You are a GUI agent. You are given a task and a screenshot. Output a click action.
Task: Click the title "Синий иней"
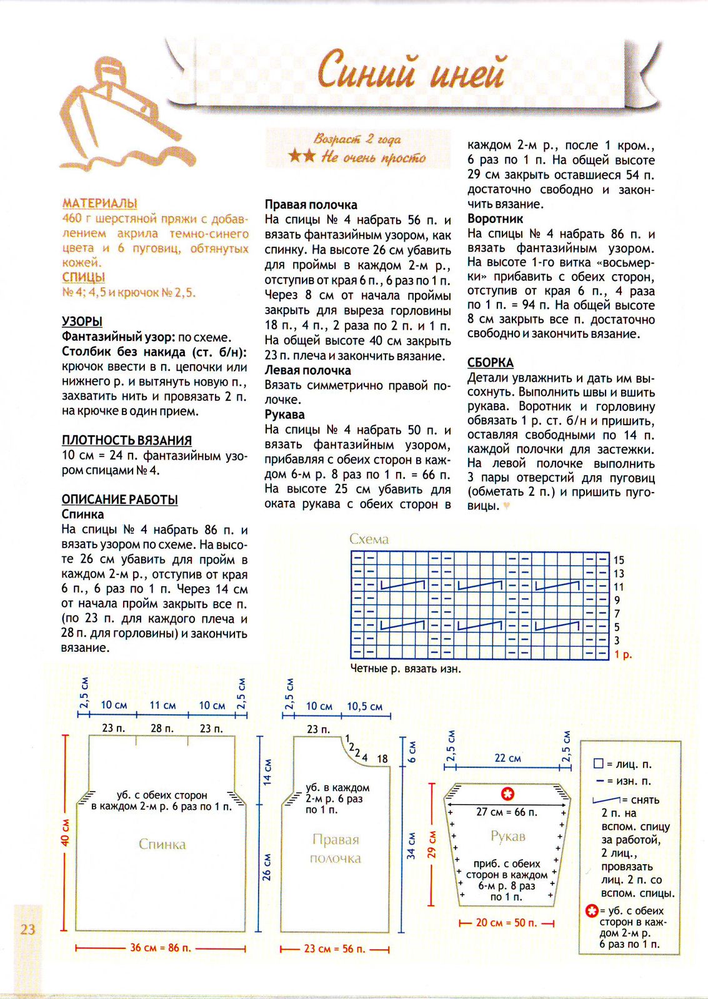tap(411, 71)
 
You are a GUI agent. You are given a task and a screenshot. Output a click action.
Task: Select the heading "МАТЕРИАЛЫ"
tap(99, 204)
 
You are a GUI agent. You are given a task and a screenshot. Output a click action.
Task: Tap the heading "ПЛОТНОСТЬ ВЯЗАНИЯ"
tap(126, 440)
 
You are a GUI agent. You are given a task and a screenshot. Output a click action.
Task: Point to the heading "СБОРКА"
tap(490, 363)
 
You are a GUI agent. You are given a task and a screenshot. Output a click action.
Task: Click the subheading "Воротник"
tap(495, 219)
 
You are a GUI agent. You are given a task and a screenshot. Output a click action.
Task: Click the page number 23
tap(27, 929)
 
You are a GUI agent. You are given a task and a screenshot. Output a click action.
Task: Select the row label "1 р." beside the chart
tap(622, 655)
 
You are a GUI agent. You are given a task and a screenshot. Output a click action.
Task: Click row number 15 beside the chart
tap(619, 560)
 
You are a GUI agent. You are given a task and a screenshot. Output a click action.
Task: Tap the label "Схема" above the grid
tap(369, 539)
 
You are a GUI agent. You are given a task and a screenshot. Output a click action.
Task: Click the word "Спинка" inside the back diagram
tap(162, 844)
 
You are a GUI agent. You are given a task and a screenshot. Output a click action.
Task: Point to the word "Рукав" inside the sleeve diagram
tap(507, 836)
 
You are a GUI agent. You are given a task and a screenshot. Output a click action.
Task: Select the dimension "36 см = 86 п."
tap(160, 948)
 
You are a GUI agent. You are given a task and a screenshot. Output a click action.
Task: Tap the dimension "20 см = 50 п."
tap(506, 923)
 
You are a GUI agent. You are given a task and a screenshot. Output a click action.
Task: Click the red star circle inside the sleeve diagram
tap(507, 794)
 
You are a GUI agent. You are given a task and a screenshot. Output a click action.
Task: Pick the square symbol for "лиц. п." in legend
tap(598, 764)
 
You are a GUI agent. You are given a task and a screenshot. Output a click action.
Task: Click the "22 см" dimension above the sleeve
tap(507, 758)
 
